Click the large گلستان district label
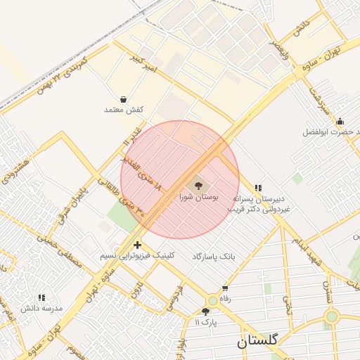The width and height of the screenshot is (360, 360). point(258,341)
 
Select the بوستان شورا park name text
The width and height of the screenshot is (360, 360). point(199,198)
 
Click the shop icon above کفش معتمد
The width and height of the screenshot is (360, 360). point(124,99)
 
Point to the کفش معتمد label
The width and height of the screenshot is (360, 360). point(124,110)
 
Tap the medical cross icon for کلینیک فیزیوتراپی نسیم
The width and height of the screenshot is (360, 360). point(137,245)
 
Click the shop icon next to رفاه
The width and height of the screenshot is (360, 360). point(225,288)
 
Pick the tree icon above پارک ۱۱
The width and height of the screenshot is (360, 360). point(205,311)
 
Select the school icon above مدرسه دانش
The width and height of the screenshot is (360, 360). point(41,297)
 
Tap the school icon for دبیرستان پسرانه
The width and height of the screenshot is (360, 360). point(258,188)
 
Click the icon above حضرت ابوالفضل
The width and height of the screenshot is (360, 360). point(340,121)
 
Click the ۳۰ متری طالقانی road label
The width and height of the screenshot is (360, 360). point(123,200)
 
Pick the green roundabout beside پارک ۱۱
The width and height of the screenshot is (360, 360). point(212,300)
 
